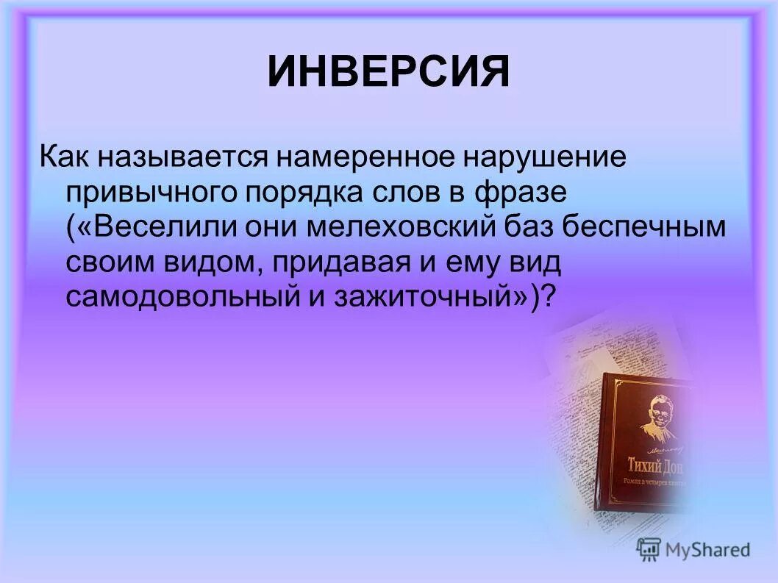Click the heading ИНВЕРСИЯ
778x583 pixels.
tap(388, 73)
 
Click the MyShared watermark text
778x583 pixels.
tap(707, 549)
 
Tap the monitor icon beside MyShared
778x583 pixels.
tap(649, 548)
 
